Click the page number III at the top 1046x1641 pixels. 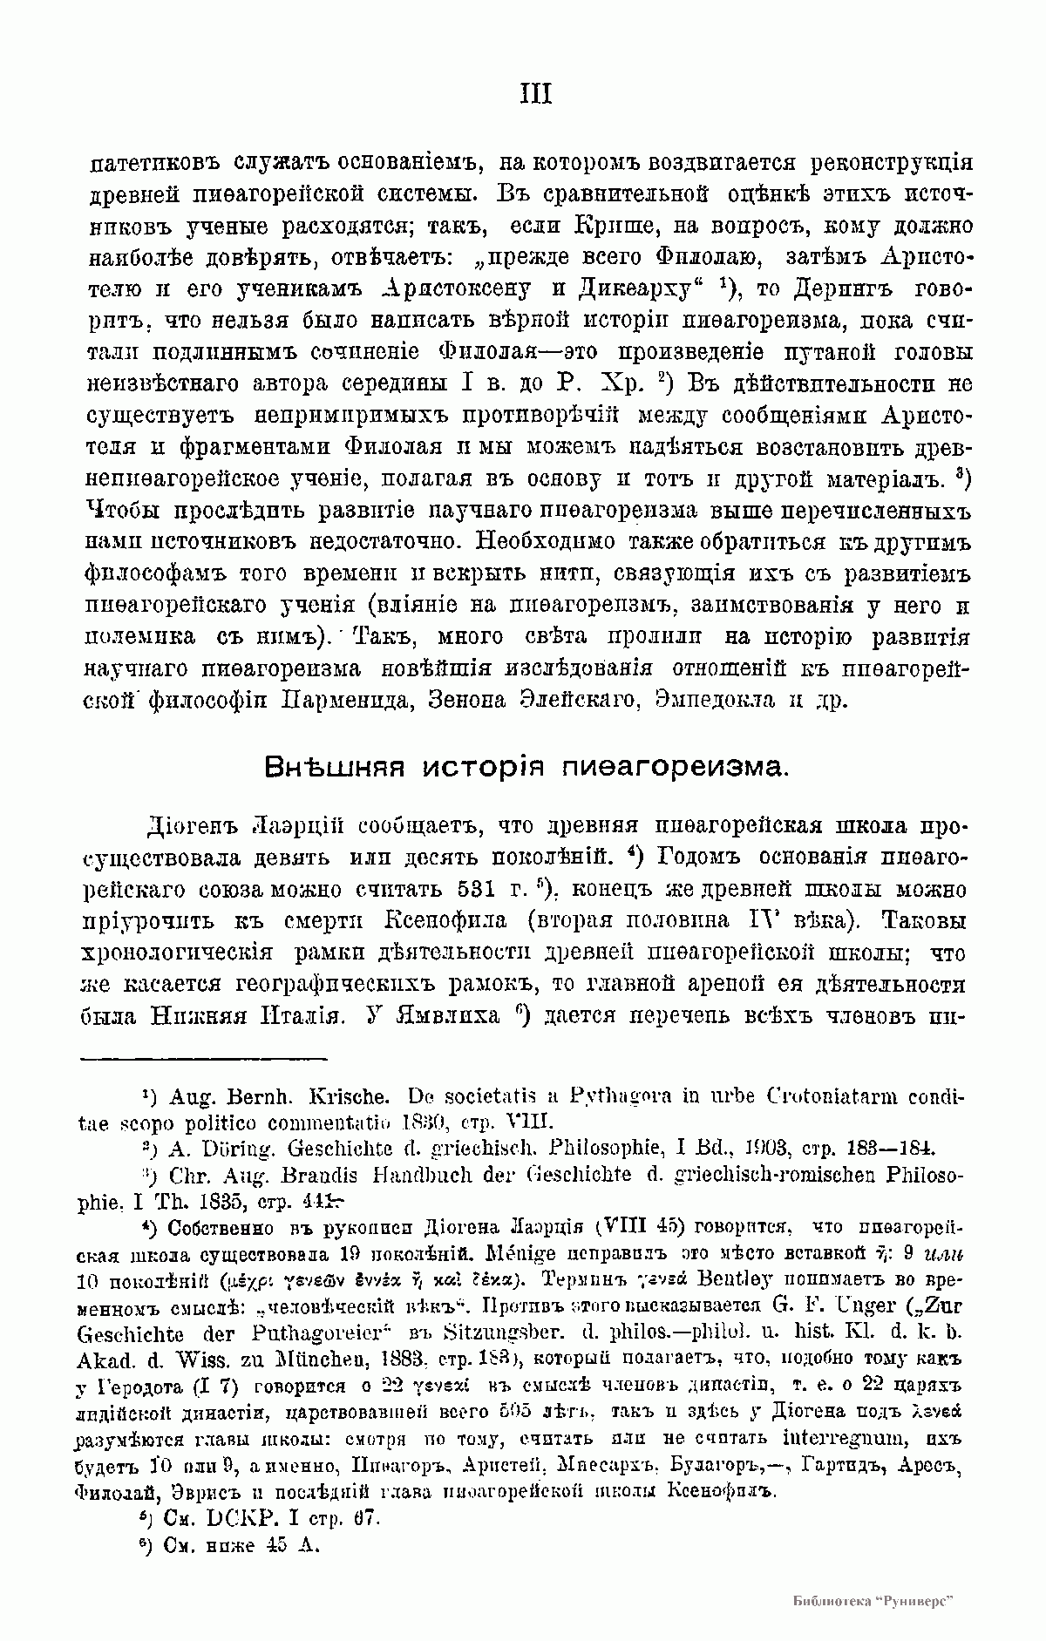[535, 93]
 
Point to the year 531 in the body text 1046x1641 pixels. [477, 890]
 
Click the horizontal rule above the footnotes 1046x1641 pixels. [204, 1060]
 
